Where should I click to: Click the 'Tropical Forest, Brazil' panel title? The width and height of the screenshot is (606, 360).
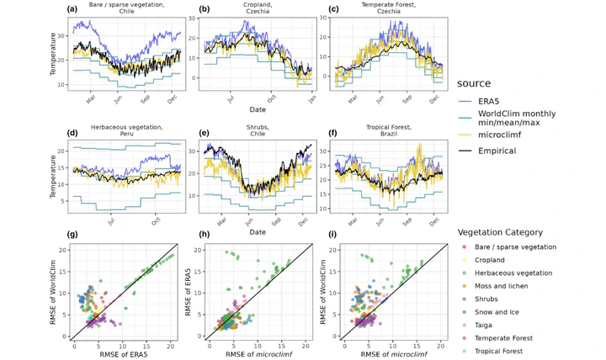pos(382,135)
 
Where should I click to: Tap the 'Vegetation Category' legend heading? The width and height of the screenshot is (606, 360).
pos(506,231)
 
